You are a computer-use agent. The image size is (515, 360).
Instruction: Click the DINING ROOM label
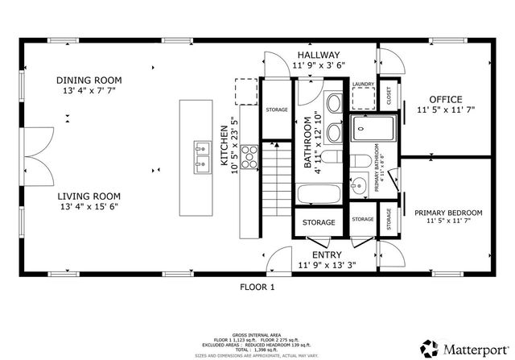point(89,80)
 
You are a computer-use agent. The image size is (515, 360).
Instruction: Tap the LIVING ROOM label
point(89,196)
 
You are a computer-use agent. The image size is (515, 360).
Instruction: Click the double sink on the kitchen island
point(199,157)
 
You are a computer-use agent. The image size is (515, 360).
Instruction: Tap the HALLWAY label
point(319,53)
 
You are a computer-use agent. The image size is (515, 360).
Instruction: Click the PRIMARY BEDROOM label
point(448,213)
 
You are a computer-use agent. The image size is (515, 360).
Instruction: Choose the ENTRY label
point(315,254)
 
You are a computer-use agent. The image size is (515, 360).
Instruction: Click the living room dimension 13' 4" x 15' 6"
point(89,207)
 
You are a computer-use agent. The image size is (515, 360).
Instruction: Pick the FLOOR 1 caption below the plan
point(257,286)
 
